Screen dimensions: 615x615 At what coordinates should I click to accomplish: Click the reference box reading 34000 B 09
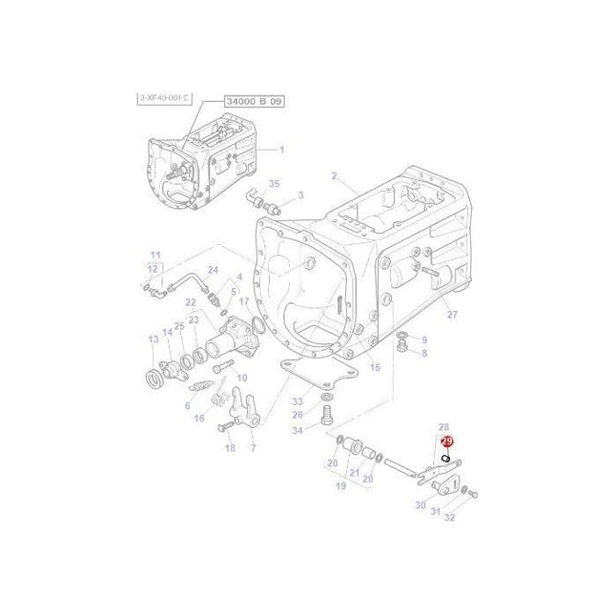(x=254, y=100)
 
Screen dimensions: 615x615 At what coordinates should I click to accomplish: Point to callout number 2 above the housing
(x=334, y=175)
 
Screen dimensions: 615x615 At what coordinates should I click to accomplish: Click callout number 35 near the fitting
(x=274, y=184)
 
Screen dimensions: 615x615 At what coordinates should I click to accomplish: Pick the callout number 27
(x=452, y=315)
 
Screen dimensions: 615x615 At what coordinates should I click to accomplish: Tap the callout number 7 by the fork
(x=253, y=447)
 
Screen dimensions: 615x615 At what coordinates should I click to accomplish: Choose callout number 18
(x=230, y=447)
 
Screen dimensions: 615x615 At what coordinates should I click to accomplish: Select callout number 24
(x=213, y=270)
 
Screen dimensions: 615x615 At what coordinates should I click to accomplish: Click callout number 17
(x=244, y=302)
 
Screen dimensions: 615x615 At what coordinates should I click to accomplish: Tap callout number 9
(x=424, y=338)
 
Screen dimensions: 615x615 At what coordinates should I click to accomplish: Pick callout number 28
(x=443, y=427)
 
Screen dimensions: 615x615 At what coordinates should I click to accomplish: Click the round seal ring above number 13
(x=153, y=379)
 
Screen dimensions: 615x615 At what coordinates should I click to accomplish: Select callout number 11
(x=154, y=255)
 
